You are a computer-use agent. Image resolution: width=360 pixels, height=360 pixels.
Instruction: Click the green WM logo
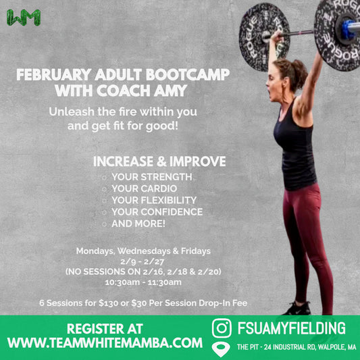[23, 18]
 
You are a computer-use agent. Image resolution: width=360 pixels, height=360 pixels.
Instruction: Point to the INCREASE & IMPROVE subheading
[159, 162]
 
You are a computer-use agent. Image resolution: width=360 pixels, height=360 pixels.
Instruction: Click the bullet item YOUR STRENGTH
[151, 177]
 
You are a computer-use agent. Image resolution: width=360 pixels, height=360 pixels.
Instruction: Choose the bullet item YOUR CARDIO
[145, 188]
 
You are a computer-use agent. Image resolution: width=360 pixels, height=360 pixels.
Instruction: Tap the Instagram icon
[222, 329]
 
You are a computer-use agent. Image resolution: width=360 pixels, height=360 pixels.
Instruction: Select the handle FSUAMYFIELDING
[292, 329]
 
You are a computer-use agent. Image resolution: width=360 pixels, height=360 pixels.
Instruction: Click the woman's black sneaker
[297, 309]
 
